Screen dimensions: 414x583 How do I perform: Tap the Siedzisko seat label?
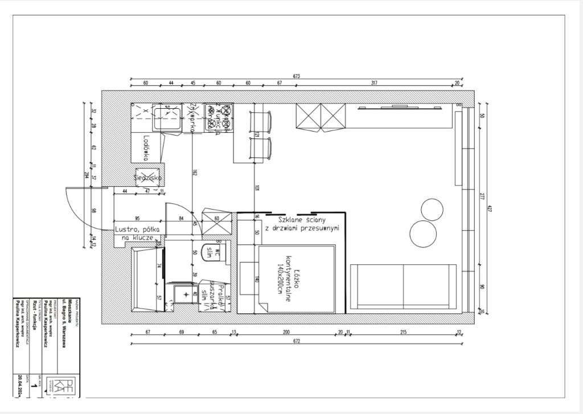coord(149,177)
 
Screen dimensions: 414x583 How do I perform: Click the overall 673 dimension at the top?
coord(296,76)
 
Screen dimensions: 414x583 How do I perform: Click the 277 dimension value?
coord(481,197)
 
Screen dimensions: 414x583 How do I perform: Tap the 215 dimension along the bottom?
coord(403,332)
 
